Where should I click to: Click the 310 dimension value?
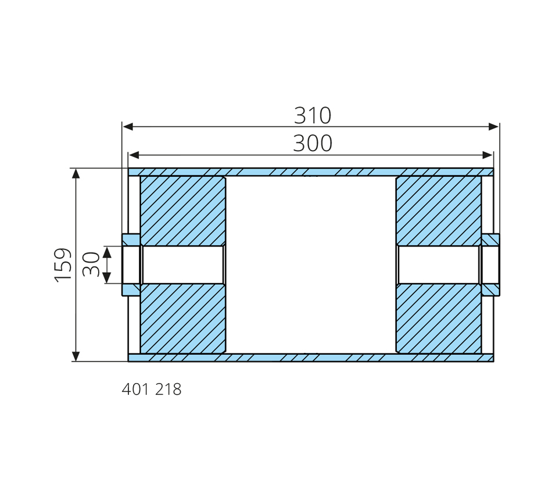(x=313, y=115)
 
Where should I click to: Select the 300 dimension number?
(x=313, y=144)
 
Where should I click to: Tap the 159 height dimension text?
(x=63, y=265)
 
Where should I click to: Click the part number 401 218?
(x=152, y=390)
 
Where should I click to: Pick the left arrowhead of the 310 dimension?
(x=127, y=127)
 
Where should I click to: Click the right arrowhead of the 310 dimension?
(x=494, y=127)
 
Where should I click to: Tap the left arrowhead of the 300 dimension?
(x=134, y=155)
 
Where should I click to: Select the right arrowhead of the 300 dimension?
(x=488, y=155)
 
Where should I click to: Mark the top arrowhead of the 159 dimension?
(x=76, y=174)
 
